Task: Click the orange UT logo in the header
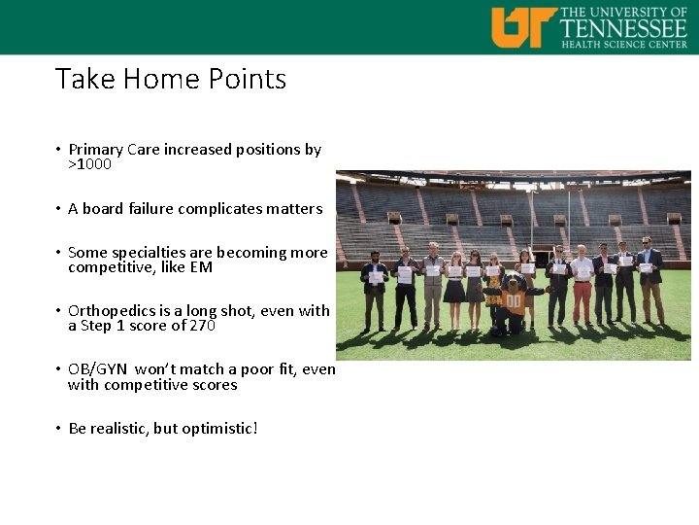[523, 26]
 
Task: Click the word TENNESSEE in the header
[624, 26]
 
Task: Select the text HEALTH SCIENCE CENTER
[624, 44]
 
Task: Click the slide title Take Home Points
[171, 79]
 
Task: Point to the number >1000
[89, 164]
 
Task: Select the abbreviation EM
[201, 267]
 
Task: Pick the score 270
[201, 326]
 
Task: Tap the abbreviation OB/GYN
[98, 369]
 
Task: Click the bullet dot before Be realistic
[59, 429]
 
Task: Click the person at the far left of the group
[375, 288]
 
